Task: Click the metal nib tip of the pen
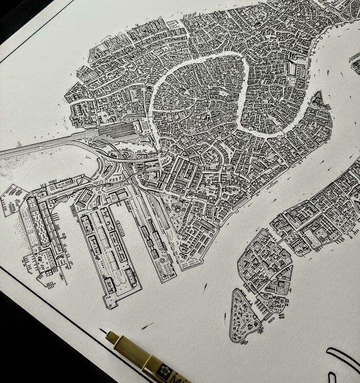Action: pyautogui.click(x=102, y=330)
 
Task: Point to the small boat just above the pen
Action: pyautogui.click(x=147, y=325)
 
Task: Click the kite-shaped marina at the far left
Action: pyautogui.click(x=12, y=197)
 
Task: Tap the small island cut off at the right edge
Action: pyautogui.click(x=355, y=57)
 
